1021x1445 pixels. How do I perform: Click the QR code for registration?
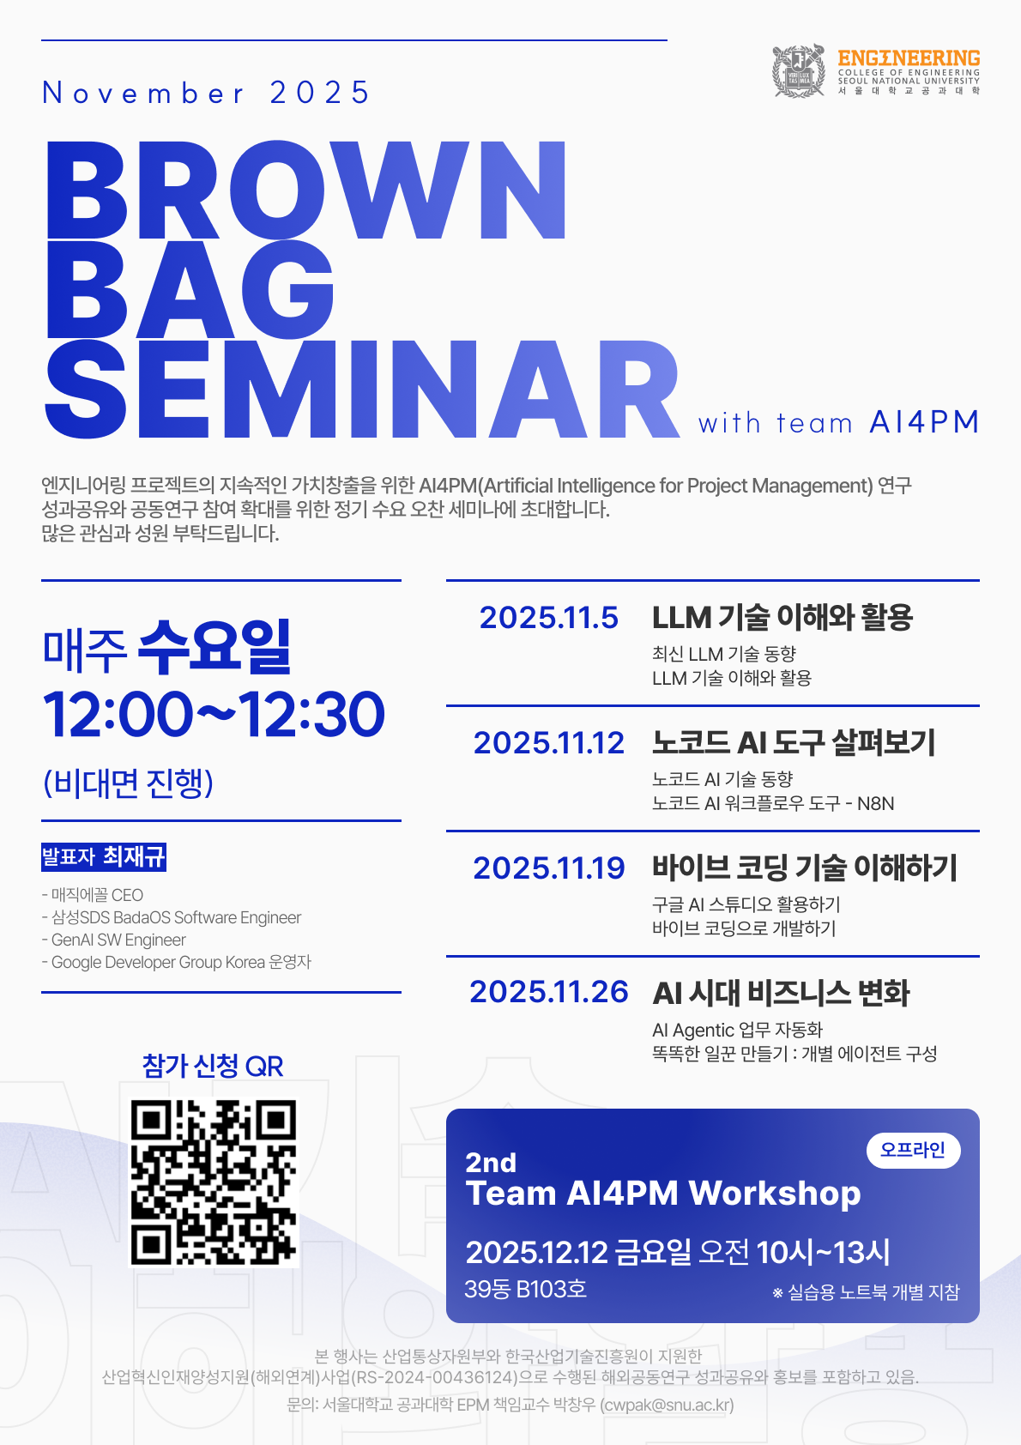pos(214,1182)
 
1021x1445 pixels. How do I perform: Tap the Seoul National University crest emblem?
pos(799,71)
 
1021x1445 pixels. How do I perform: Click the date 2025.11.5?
pos(549,617)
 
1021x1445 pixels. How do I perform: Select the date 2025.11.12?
pos(549,742)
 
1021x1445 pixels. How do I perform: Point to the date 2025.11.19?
pos(549,868)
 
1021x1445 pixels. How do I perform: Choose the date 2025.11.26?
pos(549,991)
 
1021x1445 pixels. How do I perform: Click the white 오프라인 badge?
pos(913,1150)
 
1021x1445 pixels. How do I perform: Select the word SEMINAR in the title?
pos(362,390)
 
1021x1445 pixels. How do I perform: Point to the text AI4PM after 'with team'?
pos(924,422)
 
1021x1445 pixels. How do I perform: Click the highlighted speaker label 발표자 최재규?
pos(104,856)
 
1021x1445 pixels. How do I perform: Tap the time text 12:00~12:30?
pos(214,714)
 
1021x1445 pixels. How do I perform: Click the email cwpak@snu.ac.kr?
pos(667,1405)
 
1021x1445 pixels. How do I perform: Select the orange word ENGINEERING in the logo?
pos(909,58)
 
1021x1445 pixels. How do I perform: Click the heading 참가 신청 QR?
pos(213,1067)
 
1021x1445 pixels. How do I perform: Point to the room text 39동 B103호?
pos(526,1289)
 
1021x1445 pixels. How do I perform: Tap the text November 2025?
pos(207,93)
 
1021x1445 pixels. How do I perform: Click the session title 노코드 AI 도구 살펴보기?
pos(794,742)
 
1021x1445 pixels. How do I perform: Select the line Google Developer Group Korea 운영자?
pos(176,962)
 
